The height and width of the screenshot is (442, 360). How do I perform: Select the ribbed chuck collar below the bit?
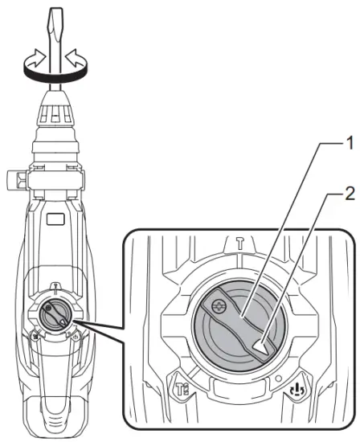pyautogui.click(x=55, y=120)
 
